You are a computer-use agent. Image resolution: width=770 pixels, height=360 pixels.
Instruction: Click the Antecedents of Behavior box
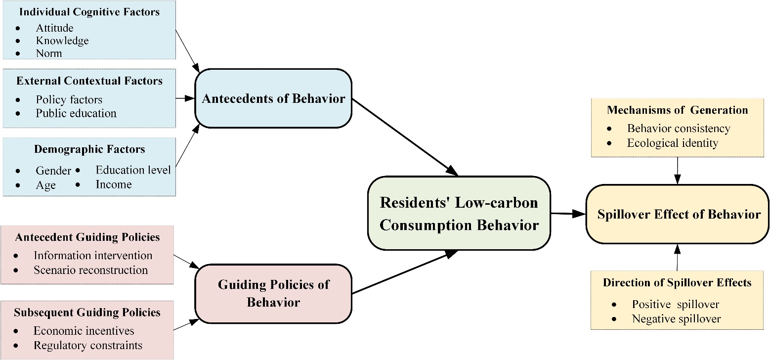(273, 98)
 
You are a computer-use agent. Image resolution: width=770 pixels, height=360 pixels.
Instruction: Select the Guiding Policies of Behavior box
(273, 294)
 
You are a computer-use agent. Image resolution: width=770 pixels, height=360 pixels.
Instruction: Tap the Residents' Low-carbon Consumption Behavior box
(459, 213)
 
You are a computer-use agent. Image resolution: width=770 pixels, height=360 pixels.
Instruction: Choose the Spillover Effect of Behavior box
(677, 214)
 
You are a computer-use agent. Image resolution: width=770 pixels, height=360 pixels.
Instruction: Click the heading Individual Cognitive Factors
(89, 12)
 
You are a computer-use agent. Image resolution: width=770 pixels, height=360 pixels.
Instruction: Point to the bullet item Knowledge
(62, 41)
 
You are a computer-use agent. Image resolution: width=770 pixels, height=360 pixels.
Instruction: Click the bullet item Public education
(76, 113)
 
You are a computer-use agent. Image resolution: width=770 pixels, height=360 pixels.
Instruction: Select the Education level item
(133, 170)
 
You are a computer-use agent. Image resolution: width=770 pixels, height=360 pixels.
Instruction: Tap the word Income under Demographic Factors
(114, 184)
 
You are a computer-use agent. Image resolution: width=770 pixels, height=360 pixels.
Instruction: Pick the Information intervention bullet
(93, 255)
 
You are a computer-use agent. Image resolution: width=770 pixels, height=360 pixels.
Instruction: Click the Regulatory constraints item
(88, 345)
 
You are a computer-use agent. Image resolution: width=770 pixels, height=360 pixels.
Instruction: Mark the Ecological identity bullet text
(672, 143)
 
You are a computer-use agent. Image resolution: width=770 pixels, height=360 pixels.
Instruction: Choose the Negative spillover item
(676, 319)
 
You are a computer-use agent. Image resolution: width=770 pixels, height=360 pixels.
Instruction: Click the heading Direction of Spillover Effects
(677, 282)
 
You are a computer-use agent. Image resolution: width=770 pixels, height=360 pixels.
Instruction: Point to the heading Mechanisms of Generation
(677, 110)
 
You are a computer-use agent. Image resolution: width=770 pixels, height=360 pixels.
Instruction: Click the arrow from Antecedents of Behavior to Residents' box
(405, 137)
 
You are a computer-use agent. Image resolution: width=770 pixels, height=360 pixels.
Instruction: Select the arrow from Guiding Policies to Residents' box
(405, 272)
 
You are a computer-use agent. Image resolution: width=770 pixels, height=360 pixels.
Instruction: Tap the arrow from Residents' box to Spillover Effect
(568, 214)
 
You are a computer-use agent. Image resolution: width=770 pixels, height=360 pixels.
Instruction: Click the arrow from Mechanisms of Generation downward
(677, 171)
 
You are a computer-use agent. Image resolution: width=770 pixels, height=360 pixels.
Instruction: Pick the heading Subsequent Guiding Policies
(87, 312)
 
